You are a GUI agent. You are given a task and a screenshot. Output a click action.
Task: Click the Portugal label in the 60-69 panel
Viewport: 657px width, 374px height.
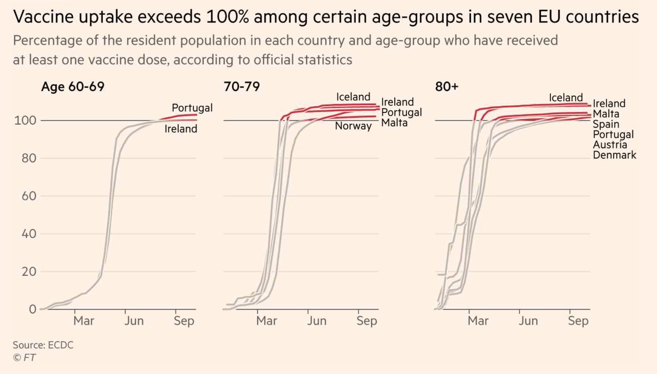[192, 107]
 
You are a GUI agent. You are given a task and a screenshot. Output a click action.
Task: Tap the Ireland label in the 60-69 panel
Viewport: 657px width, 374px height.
[181, 129]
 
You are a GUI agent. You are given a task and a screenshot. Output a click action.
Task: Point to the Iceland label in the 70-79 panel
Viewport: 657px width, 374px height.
[354, 97]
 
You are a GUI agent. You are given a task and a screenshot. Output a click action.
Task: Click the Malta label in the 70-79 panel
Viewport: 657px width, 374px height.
[395, 123]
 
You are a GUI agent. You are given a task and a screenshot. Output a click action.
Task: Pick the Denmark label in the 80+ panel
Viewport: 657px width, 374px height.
[615, 155]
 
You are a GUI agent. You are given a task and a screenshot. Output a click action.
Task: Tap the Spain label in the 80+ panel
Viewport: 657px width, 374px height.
[607, 124]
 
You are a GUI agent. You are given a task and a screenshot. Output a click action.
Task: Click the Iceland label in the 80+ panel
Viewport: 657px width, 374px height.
[566, 97]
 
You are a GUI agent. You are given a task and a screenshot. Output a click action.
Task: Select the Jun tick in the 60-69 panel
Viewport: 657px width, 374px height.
[134, 321]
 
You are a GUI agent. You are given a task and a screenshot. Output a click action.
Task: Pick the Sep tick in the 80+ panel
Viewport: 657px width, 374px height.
[578, 321]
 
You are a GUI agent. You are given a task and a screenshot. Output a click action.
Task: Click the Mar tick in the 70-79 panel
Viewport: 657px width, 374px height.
[267, 321]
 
